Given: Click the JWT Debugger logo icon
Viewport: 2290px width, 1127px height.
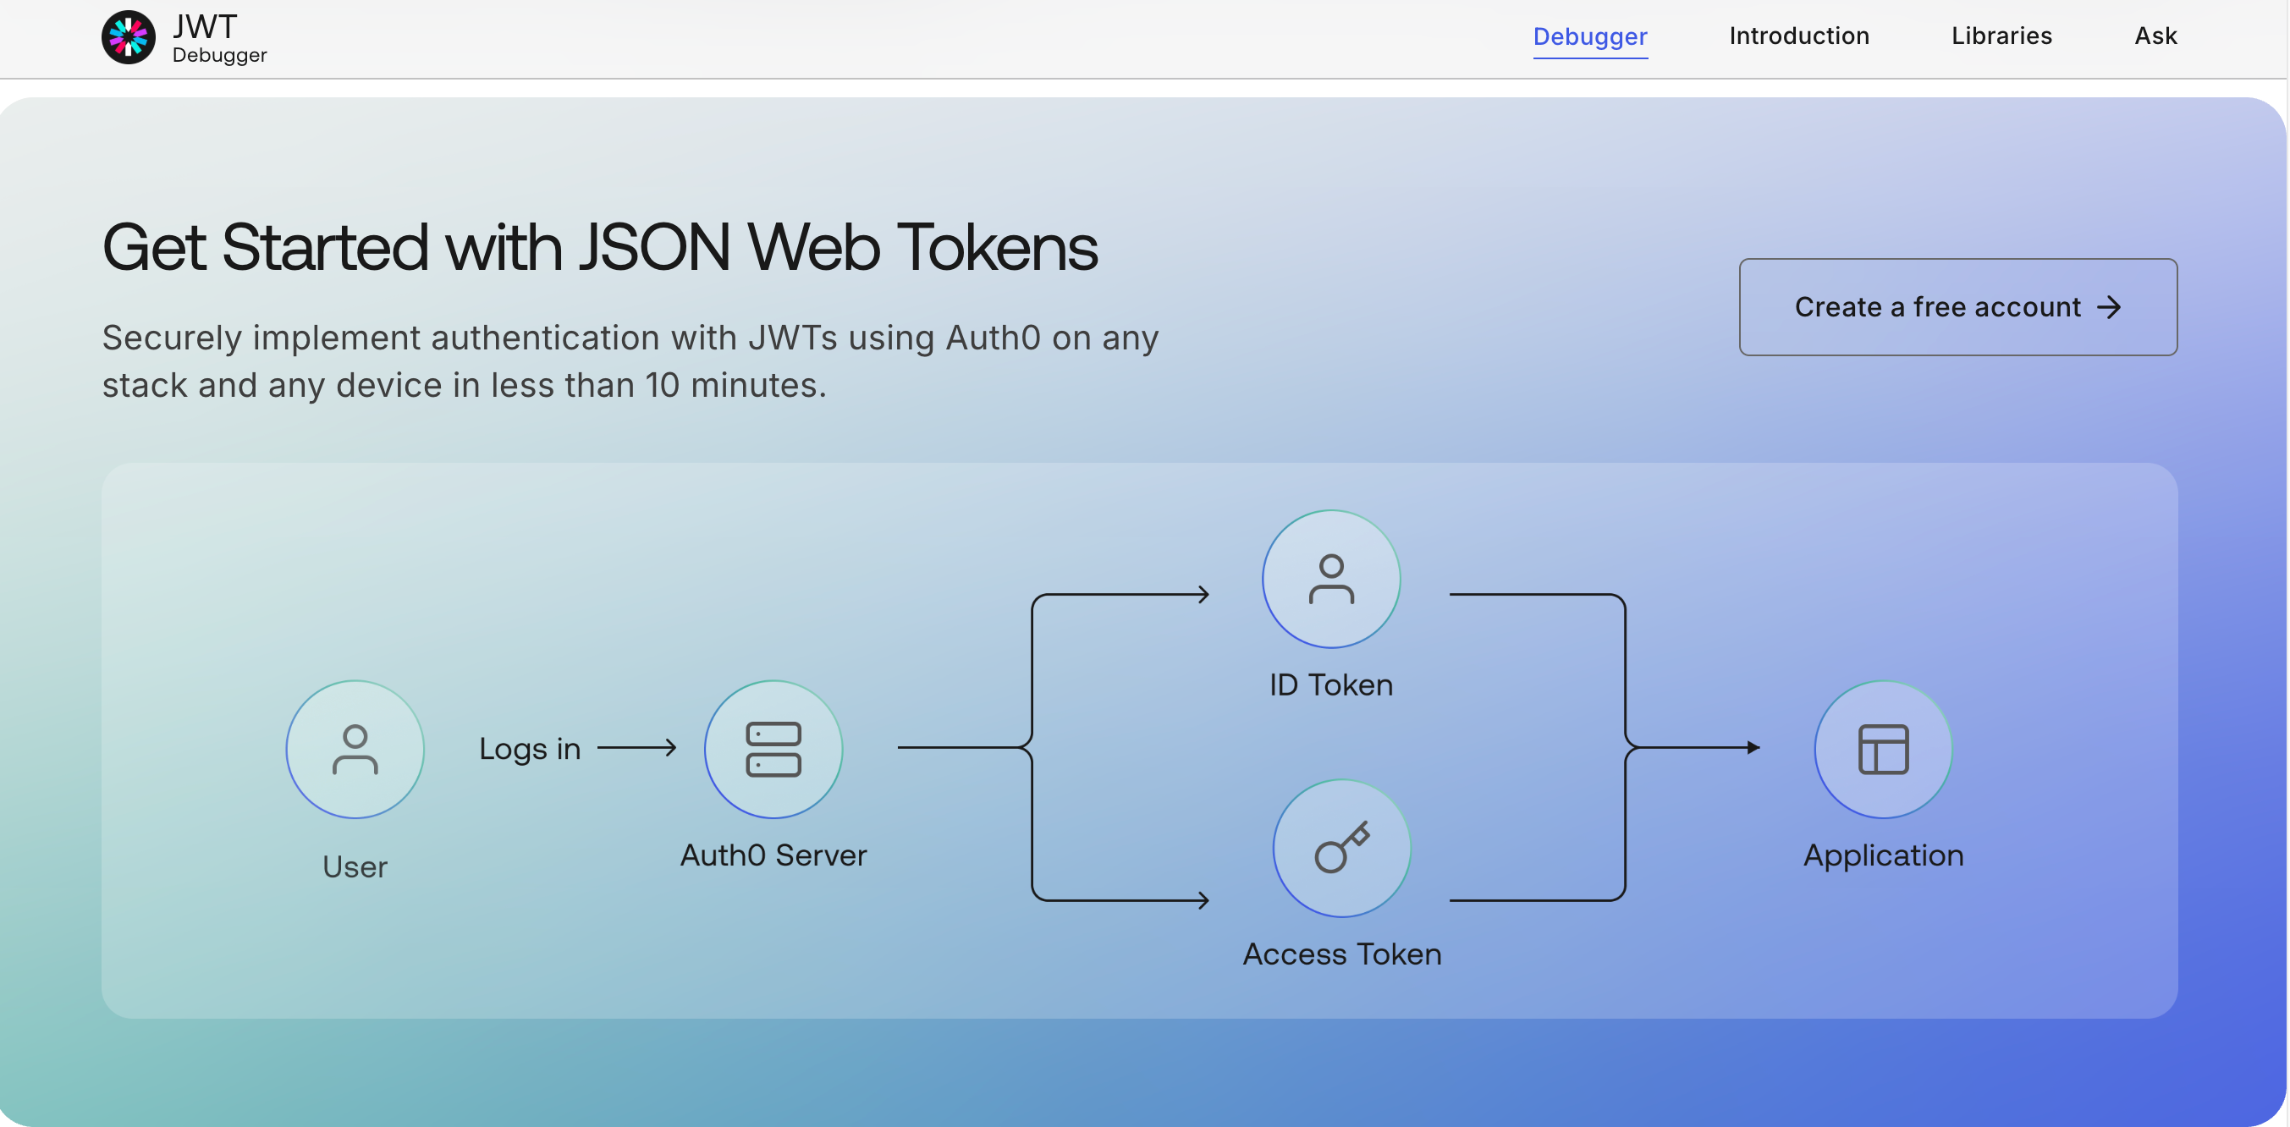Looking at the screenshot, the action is (x=128, y=37).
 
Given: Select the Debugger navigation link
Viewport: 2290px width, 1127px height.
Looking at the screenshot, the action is (x=1589, y=36).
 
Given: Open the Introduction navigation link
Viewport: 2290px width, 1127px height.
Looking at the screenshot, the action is (x=1798, y=36).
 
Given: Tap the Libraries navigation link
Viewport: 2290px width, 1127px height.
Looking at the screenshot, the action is (x=2001, y=36).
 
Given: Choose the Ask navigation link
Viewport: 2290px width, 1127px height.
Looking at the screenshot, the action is (x=2155, y=36).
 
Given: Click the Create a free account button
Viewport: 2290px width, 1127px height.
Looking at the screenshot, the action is (x=1957, y=306).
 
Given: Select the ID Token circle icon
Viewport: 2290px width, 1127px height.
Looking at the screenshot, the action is (x=1331, y=579).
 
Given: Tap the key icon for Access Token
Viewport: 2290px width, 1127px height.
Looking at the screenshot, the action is (x=1341, y=847).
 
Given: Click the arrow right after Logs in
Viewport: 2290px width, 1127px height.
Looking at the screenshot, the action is (x=636, y=747).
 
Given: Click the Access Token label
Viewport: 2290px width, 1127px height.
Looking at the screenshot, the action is (x=1341, y=954).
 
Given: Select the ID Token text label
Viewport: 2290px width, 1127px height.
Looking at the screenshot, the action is (x=1331, y=684).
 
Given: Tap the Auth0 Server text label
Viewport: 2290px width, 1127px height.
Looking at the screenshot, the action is (x=773, y=855).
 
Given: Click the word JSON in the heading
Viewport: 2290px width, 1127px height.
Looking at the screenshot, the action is (x=655, y=248).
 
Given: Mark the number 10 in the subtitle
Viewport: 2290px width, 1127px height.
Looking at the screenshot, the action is (x=662, y=385).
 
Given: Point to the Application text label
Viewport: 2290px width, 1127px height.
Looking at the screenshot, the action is (x=1883, y=855).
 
